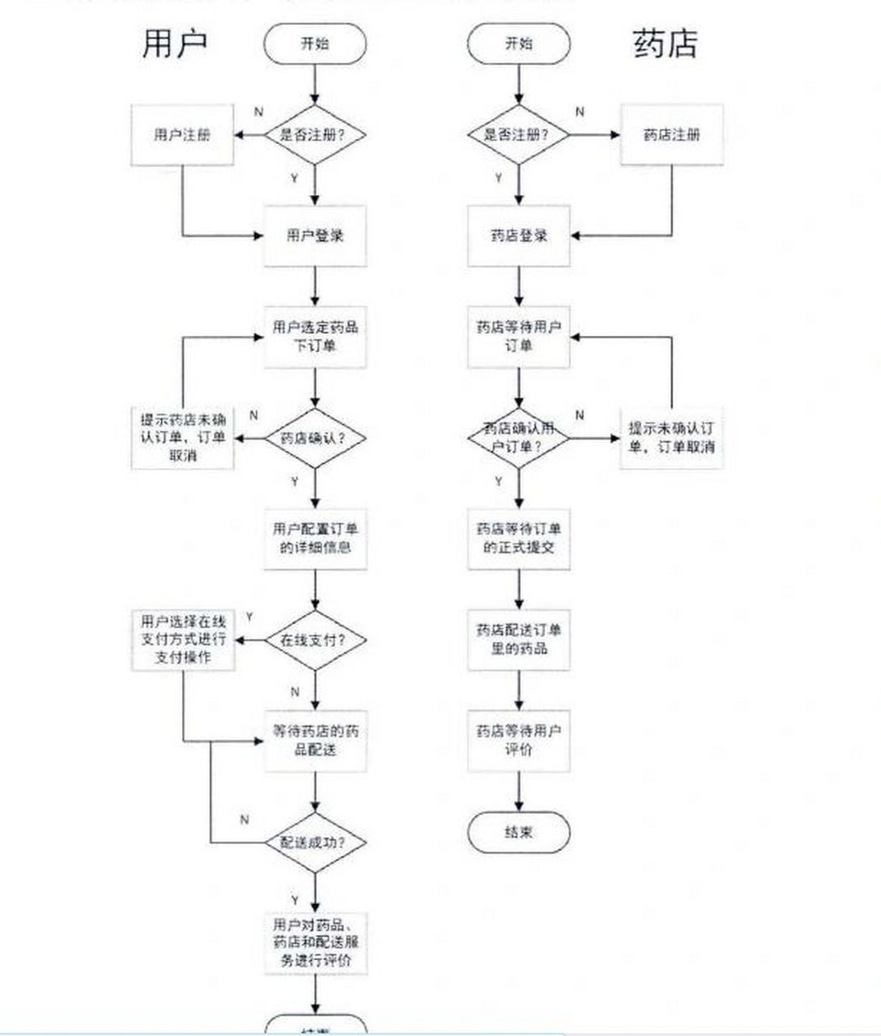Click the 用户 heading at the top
pos(175,43)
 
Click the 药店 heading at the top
pos(664,43)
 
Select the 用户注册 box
pos(182,135)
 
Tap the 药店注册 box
pos(671,135)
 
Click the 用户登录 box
pos(315,236)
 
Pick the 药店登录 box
pos(519,236)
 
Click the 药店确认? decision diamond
pos(315,438)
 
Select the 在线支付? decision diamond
pos(315,639)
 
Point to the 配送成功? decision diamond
pos(315,842)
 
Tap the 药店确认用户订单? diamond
pos(519,438)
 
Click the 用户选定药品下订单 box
pos(315,337)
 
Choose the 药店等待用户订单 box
pos(519,337)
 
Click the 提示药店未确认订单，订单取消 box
pos(182,438)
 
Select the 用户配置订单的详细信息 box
pos(315,538)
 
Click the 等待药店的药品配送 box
pos(315,741)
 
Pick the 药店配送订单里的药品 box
pos(519,639)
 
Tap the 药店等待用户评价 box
pos(519,741)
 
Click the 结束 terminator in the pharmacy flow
pos(519,832)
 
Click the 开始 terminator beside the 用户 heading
pos(315,44)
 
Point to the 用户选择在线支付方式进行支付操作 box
pos(182,639)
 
